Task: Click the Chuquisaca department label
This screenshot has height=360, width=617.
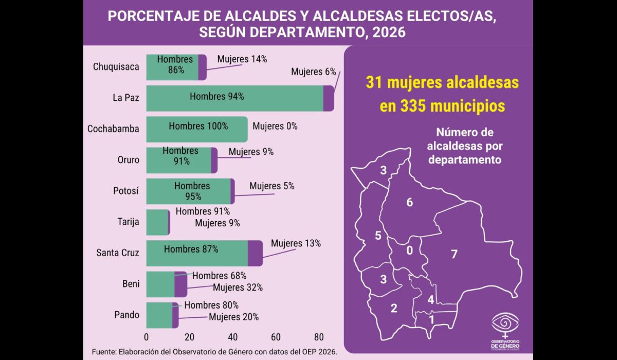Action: coord(116,66)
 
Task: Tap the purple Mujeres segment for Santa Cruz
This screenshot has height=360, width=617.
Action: coord(255,253)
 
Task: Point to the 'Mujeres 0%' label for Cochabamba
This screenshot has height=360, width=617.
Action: coord(275,126)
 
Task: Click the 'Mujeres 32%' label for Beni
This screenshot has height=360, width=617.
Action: coord(238,287)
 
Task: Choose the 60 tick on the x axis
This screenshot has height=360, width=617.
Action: coord(276,337)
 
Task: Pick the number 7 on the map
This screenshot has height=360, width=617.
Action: coord(454,254)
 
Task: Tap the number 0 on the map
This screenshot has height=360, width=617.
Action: coord(409,251)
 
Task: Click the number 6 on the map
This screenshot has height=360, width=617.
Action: coord(409,202)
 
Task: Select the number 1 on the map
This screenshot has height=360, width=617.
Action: coord(431,319)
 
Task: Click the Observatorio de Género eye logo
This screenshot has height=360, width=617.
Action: coord(505,323)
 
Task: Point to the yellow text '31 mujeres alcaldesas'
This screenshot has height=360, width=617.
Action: coord(442,82)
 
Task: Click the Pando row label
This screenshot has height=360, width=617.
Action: coord(126,315)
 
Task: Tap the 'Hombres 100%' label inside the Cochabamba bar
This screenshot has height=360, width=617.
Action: coord(198,126)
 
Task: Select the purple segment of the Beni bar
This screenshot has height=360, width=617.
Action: coord(180,284)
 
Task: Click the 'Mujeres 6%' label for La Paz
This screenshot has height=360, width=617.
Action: coord(313,72)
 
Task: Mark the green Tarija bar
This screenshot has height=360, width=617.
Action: coord(157,222)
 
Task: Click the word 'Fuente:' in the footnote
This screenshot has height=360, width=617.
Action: coord(105,351)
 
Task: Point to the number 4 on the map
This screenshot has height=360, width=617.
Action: coord(431,300)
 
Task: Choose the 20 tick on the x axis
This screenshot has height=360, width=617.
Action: coord(190,337)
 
